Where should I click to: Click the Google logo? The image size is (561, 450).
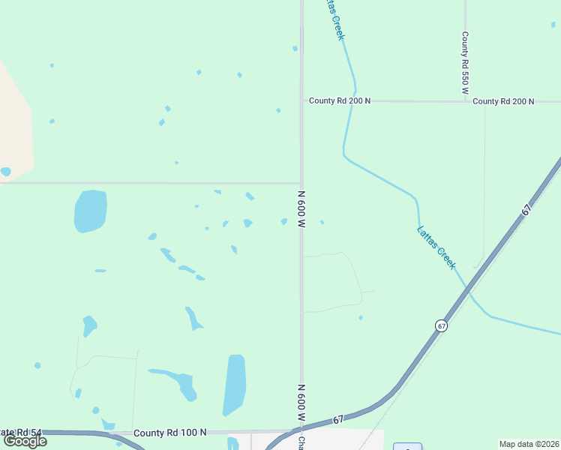(x=25, y=441)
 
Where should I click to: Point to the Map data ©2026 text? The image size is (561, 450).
(x=529, y=444)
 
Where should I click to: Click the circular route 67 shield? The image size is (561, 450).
(x=441, y=325)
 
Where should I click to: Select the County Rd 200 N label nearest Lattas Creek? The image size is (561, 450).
(x=340, y=101)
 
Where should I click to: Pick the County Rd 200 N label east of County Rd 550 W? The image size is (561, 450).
(x=504, y=101)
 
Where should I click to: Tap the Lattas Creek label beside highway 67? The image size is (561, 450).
(x=436, y=247)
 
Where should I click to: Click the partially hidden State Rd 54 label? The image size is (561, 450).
(x=21, y=433)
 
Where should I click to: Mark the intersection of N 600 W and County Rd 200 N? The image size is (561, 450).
(x=301, y=101)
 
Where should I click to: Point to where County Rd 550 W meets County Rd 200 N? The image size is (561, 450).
(x=465, y=101)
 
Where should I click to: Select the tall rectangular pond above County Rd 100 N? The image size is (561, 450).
(x=235, y=384)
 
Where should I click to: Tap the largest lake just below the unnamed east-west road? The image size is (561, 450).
(x=90, y=211)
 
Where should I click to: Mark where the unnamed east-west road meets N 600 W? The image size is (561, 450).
(x=301, y=183)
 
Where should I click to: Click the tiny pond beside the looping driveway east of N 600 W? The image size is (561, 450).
(x=361, y=318)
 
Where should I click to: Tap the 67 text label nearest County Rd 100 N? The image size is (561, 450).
(x=338, y=420)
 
